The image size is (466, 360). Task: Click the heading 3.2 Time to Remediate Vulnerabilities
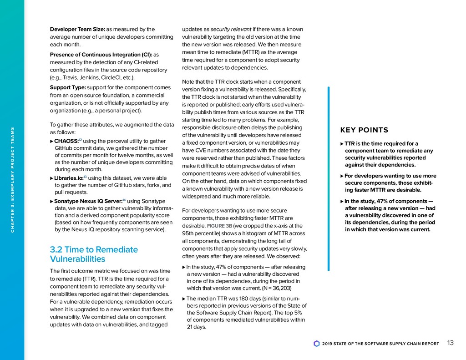(94, 254)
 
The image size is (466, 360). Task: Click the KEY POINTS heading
(364, 130)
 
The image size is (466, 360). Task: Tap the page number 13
(451, 343)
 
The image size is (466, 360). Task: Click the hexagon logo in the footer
(317, 344)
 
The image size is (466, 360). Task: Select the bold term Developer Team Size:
(77, 30)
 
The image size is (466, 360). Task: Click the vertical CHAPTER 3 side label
(13, 180)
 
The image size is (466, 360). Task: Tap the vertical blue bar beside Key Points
(328, 179)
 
